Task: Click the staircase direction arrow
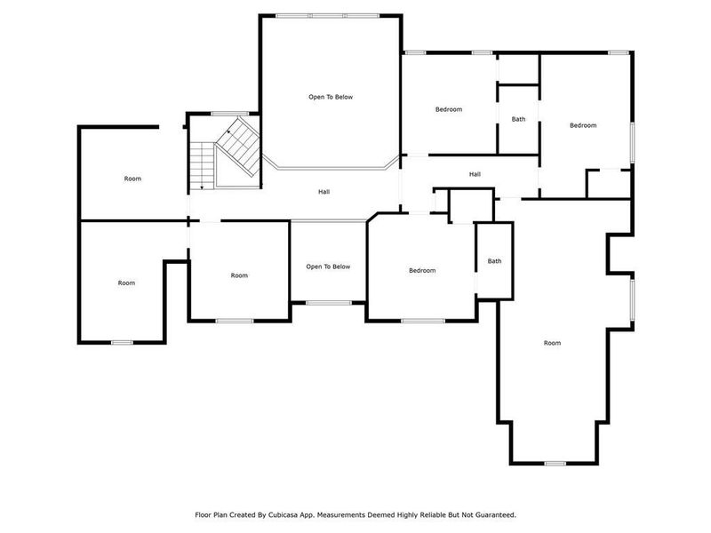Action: coord(204,187)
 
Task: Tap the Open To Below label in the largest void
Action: coord(331,97)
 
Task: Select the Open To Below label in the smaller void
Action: coord(328,266)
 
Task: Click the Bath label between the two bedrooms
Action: coord(518,119)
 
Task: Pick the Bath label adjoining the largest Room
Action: coord(494,261)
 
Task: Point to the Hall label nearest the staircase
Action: coord(324,192)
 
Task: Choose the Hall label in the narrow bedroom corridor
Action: coord(475,174)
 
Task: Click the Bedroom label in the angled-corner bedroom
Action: coord(422,270)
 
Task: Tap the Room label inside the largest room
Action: coord(552,343)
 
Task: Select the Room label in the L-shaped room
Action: coord(126,282)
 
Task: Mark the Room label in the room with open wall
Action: coord(132,179)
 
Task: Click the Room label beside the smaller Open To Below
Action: coord(239,275)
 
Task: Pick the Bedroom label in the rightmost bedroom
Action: coord(583,125)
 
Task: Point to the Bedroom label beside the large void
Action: coord(448,109)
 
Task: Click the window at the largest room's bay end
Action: coord(555,463)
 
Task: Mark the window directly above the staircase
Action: coord(222,113)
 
